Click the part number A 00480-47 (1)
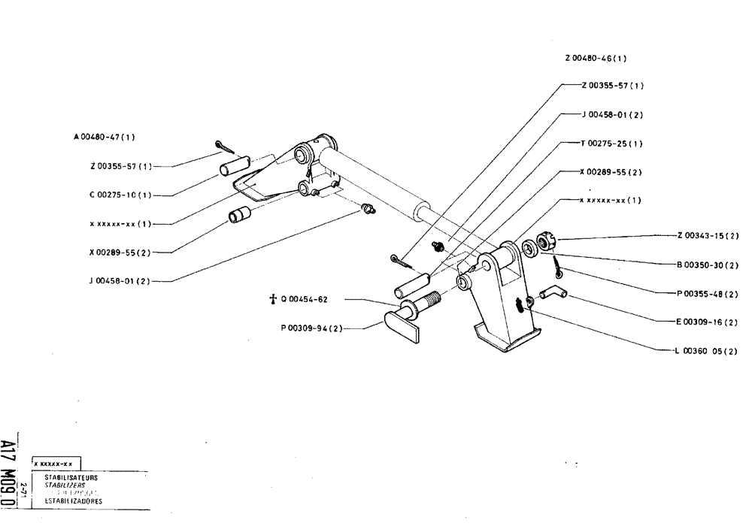click(105, 137)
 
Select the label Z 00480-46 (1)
click(596, 58)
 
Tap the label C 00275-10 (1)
click(120, 195)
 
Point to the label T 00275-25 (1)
click(611, 143)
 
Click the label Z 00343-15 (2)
click(708, 235)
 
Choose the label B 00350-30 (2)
click(707, 264)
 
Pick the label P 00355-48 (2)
click(708, 293)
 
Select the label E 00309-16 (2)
click(708, 322)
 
